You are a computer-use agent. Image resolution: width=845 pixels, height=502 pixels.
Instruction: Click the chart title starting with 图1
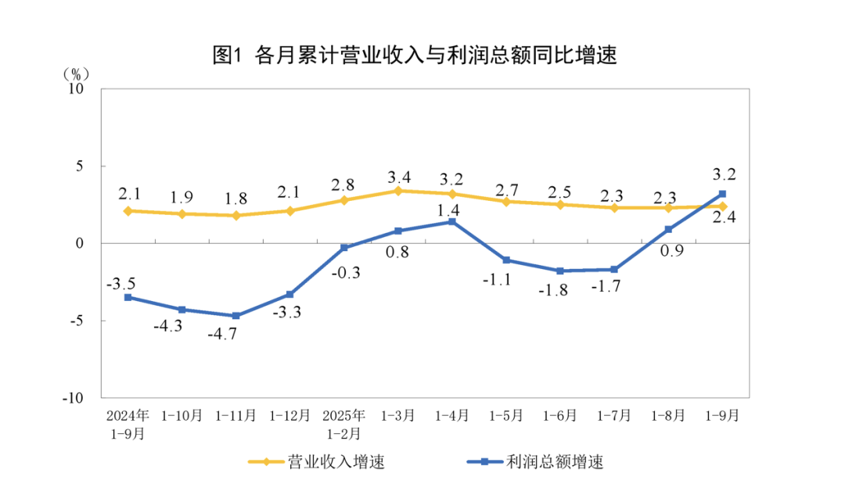pyautogui.click(x=415, y=56)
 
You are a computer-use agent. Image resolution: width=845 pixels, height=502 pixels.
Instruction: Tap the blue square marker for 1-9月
pyautogui.click(x=722, y=194)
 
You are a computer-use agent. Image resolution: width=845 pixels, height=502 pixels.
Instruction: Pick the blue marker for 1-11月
pyautogui.click(x=236, y=316)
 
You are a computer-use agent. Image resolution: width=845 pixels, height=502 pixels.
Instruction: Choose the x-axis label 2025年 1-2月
pyautogui.click(x=343, y=424)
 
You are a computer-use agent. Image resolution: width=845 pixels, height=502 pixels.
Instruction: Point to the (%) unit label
pyautogui.click(x=76, y=75)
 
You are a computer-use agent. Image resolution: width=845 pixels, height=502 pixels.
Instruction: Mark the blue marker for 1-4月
pyautogui.click(x=451, y=222)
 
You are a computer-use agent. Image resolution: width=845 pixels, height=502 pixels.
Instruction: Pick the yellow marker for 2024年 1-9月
pyautogui.click(x=128, y=211)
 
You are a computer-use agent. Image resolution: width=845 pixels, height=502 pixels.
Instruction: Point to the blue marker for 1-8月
pyautogui.click(x=668, y=230)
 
